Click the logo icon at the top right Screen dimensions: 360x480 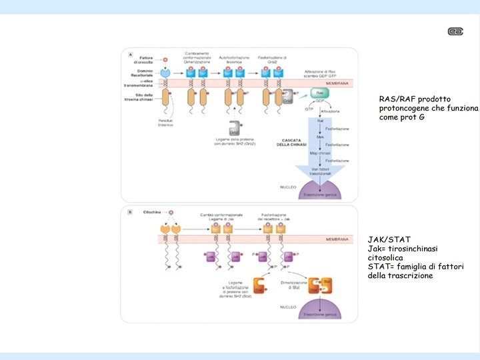pyautogui.click(x=456, y=31)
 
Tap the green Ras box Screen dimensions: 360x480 pyautogui.click(x=320, y=93)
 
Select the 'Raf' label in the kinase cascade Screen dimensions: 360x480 pyautogui.click(x=320, y=121)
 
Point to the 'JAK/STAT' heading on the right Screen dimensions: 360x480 pyautogui.click(x=389, y=239)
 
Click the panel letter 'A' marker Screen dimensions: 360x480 pyautogui.click(x=130, y=54)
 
